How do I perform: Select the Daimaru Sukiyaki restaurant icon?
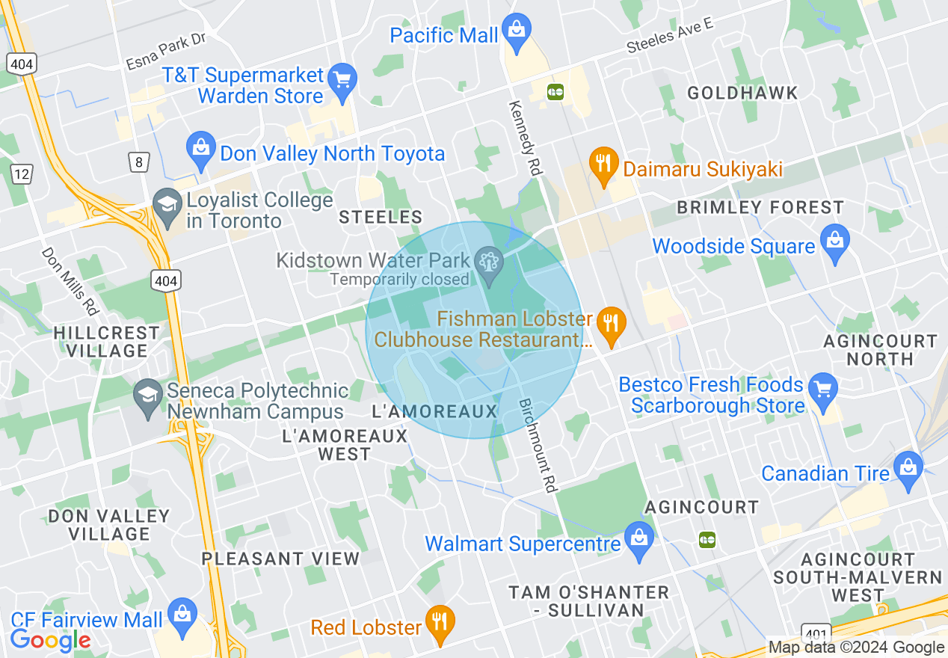coord(602,166)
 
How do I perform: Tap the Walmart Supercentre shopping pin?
coord(638,540)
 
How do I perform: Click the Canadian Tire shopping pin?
coord(908,470)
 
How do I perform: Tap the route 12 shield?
coord(22,174)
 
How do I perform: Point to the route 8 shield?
coord(137,161)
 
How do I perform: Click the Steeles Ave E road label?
coord(670,35)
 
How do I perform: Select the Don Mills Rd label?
coord(70,283)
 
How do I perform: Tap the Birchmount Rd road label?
coord(538,445)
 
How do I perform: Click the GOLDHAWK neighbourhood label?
coord(742,93)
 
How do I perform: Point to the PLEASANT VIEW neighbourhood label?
coord(280,559)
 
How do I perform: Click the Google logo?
coord(50,640)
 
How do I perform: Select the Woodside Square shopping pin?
coord(834,243)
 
